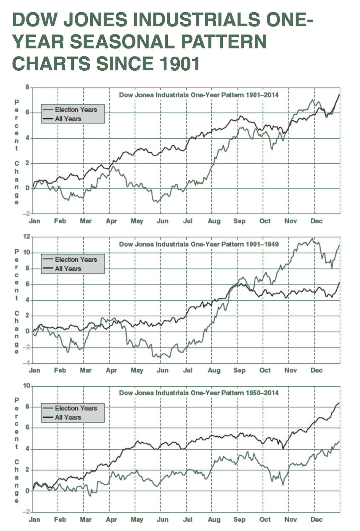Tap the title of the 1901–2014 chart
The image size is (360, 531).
[x=199, y=95]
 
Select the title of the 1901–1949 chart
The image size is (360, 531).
[x=199, y=244]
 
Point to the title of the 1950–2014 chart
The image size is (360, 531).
[x=199, y=393]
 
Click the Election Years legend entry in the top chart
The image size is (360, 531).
[x=76, y=110]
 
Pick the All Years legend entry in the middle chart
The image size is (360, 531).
[x=68, y=268]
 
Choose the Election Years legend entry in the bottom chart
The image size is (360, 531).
[x=76, y=408]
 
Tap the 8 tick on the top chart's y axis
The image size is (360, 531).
[x=27, y=87]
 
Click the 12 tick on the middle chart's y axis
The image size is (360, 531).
[x=26, y=236]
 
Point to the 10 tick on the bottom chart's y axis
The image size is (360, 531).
[x=26, y=386]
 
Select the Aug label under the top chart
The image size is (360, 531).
[x=214, y=221]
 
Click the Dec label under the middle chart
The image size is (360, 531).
[x=316, y=370]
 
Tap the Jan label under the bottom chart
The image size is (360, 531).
[x=35, y=519]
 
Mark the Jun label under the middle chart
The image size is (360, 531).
[x=162, y=370]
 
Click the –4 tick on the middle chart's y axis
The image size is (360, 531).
[x=26, y=363]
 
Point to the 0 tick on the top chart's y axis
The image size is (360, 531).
[x=28, y=188]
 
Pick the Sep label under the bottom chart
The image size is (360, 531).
[x=239, y=519]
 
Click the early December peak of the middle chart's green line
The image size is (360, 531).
[x=312, y=239]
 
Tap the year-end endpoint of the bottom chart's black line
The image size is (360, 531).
[x=339, y=403]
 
